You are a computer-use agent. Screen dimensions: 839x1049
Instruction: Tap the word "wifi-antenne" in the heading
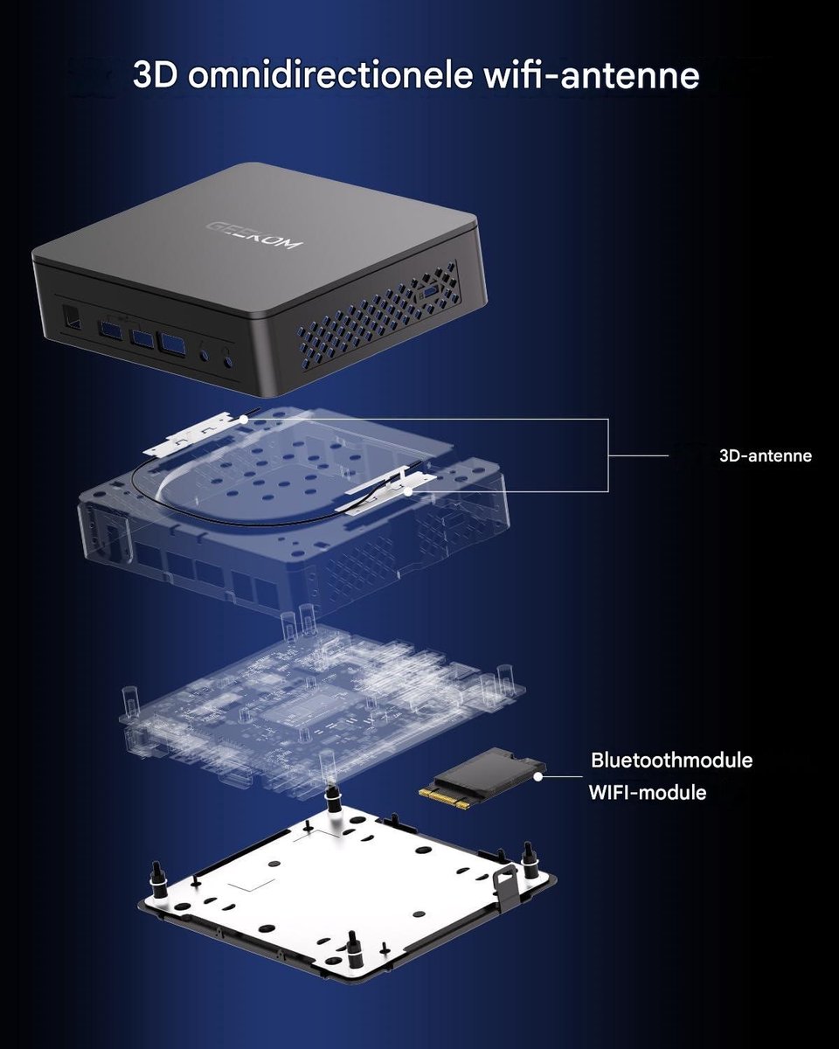coord(592,75)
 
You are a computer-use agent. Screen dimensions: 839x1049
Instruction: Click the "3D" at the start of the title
coord(155,75)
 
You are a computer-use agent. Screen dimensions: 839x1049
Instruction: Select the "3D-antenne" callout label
coord(766,456)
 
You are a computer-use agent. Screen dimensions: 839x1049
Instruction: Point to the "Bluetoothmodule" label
coord(671,761)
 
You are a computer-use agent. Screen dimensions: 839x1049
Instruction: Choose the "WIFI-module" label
coord(648,793)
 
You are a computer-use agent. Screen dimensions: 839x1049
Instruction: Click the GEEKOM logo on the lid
coord(254,234)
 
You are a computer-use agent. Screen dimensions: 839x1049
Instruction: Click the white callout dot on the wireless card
coord(537,777)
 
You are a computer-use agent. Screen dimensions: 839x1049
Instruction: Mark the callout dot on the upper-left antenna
coord(244,419)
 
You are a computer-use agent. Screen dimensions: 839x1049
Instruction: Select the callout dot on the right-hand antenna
coord(408,492)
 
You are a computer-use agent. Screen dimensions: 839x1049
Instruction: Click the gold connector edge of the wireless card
coord(444,795)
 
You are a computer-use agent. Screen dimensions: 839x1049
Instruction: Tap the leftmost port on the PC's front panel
coord(71,316)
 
